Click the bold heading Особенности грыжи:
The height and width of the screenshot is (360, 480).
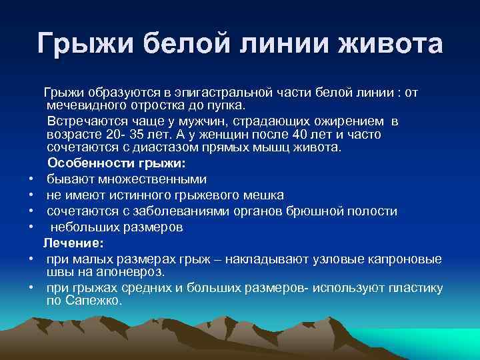117,163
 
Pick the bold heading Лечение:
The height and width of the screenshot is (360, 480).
74,243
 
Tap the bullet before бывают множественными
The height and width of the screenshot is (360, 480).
31,179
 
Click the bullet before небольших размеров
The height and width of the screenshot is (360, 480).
31,227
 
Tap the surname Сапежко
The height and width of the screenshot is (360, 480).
94,301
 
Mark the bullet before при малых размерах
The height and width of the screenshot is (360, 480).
31,259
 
